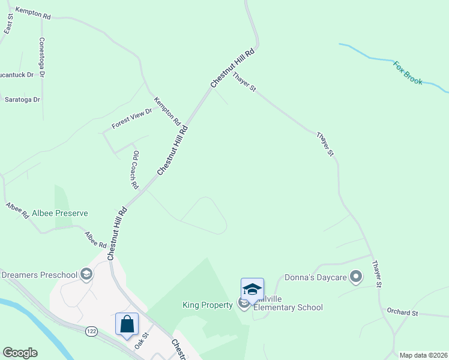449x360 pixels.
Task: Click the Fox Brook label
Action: [408, 72]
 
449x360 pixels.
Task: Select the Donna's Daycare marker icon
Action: [356, 277]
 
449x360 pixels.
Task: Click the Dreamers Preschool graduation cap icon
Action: [86, 275]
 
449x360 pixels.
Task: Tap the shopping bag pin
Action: [127, 325]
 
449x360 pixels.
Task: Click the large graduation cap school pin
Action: [252, 289]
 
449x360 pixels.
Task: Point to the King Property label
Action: [208, 305]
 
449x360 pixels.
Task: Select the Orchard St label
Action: [402, 313]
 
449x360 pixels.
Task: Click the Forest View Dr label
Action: [132, 119]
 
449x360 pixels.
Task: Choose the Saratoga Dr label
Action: [22, 100]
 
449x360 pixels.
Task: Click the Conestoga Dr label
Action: [41, 58]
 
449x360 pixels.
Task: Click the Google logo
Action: [20, 353]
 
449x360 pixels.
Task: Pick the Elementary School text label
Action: [288, 307]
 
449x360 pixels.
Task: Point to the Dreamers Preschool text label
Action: [40, 275]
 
